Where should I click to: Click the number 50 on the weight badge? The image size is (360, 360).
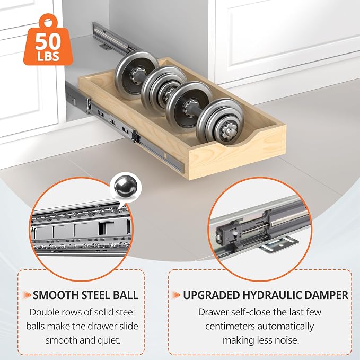click(48, 41)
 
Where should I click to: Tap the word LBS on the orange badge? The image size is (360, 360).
click(48, 56)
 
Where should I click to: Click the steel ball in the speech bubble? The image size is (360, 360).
click(126, 187)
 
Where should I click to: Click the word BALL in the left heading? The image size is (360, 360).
click(126, 295)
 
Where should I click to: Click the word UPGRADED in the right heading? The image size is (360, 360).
click(211, 295)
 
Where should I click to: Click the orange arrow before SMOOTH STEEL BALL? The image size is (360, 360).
click(27, 295)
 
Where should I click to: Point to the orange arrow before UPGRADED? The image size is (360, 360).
click(177, 295)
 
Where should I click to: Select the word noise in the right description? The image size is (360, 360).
click(288, 340)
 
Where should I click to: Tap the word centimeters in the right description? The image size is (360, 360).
click(230, 326)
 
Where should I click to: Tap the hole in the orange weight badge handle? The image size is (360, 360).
click(48, 23)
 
